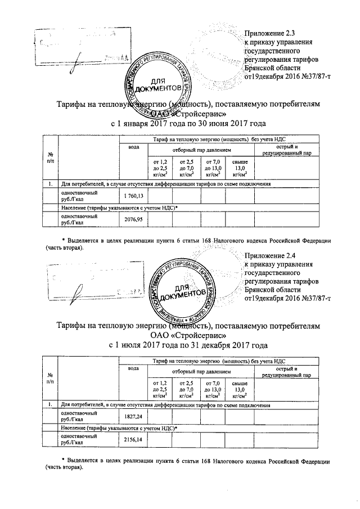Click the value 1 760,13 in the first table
pos(134,195)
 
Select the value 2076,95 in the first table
pos(134,218)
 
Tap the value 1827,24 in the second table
pos(134,416)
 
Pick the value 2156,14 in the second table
pos(134,439)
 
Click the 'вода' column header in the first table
pos(134,147)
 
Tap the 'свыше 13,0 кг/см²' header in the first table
pos(240,168)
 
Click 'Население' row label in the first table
pos(118,208)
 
